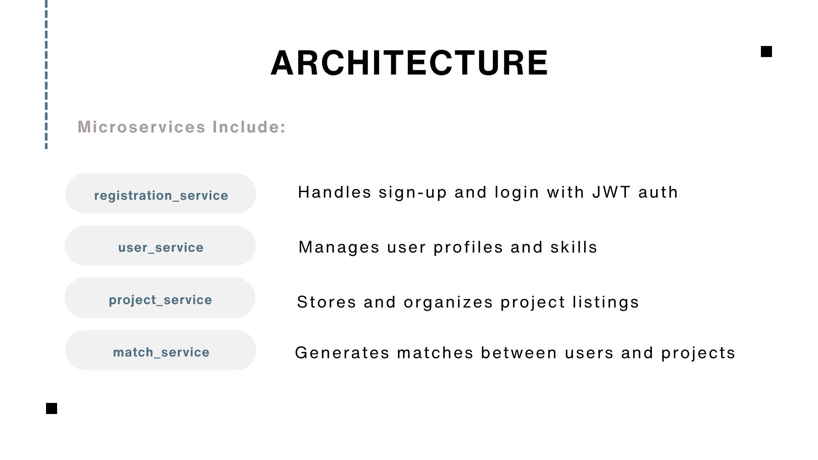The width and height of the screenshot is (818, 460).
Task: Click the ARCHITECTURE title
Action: pos(409,63)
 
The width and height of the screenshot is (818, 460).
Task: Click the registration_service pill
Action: pos(161,193)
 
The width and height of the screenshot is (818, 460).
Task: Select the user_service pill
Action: pos(160,246)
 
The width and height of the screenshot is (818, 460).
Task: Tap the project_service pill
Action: pos(160,298)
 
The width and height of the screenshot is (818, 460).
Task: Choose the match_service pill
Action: pos(161,350)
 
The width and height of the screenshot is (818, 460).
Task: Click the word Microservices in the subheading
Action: pos(142,127)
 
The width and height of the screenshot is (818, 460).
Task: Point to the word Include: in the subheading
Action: pos(249,127)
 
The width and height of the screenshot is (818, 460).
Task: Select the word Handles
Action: pos(335,192)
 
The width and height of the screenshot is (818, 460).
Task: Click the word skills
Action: pos(574,247)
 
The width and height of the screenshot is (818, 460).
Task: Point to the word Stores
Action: pos(326,302)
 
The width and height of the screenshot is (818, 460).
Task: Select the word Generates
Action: pos(342,353)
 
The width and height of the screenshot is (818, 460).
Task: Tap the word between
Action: pos(519,353)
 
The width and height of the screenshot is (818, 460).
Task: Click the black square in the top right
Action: pos(766,52)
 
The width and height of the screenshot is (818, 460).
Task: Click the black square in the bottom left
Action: pos(52,408)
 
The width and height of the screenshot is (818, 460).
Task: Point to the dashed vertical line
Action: pos(46,75)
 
